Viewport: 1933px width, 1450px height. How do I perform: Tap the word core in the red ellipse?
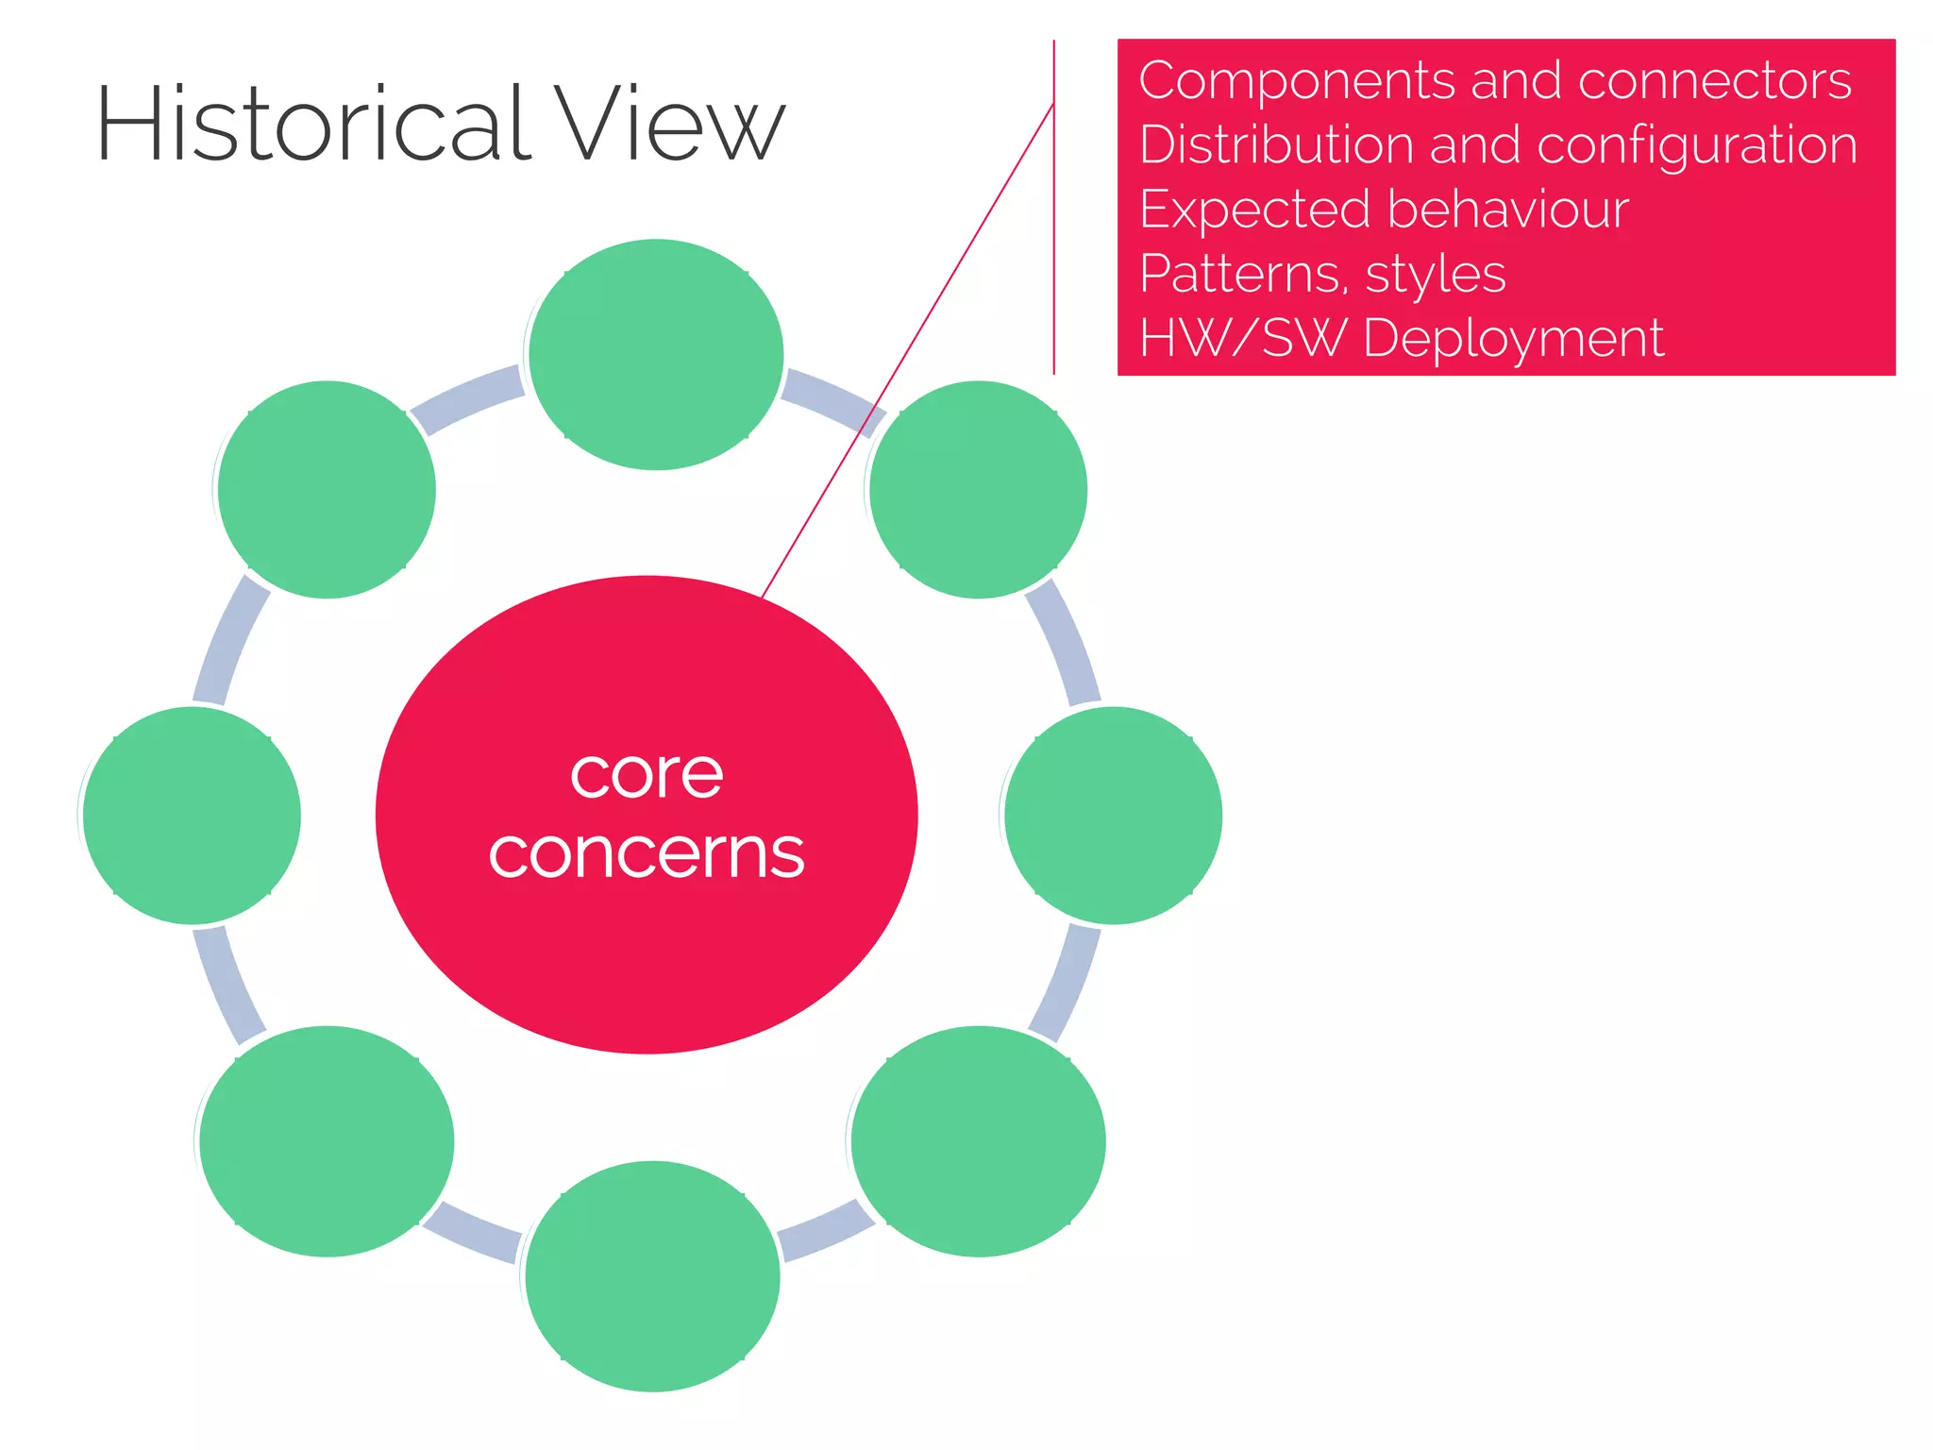coord(647,775)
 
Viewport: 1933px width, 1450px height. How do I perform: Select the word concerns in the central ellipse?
coord(647,853)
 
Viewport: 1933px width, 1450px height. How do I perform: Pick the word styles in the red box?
coord(1435,275)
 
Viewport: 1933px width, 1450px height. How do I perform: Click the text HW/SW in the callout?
coord(1242,338)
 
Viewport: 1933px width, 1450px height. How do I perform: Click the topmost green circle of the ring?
coord(656,354)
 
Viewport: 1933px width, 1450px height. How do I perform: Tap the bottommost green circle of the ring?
coord(652,1276)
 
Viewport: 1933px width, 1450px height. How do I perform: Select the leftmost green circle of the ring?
coord(192,816)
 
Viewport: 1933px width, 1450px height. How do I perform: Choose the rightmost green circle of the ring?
coord(1113,816)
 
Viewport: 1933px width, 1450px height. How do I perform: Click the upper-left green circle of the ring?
coord(327,489)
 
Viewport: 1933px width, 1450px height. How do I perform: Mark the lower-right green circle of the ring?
coord(978,1141)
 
